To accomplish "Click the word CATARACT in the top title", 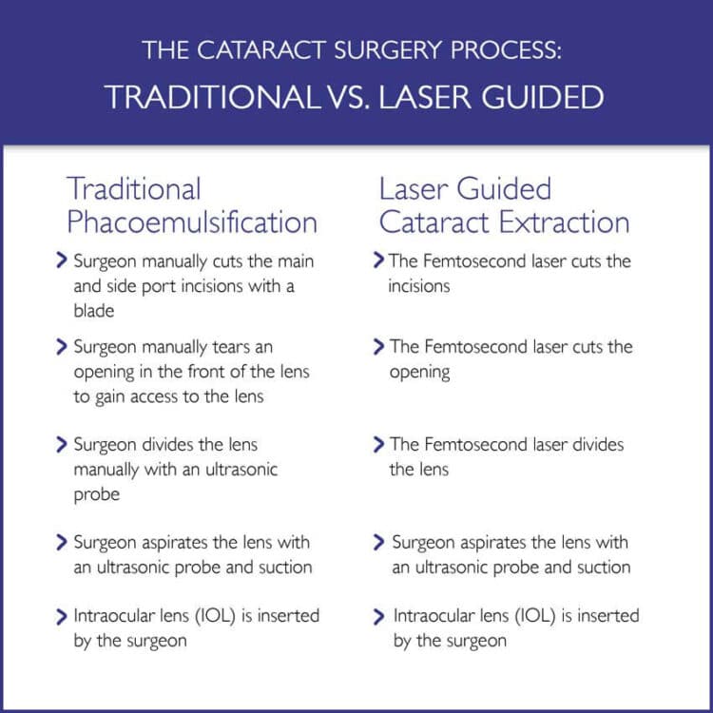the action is tap(261, 50).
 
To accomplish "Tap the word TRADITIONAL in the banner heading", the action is tap(213, 97).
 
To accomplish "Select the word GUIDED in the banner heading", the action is tap(543, 97).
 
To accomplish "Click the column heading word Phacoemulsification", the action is tap(192, 222).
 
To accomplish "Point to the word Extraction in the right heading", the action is tap(565, 222).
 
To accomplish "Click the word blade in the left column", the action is tap(94, 311).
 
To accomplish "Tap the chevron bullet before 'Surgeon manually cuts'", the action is tap(62, 260).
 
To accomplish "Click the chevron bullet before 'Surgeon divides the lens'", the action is tap(62, 444).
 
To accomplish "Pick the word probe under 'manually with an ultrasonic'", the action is tap(96, 495).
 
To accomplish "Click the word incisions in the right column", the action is tap(419, 286).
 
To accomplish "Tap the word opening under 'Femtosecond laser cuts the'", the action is tap(419, 373).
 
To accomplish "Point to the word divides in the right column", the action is tap(598, 444).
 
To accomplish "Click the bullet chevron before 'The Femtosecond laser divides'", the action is tap(378, 444).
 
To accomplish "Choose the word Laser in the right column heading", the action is tap(414, 189).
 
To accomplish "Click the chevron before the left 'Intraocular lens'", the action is tap(62, 617).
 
